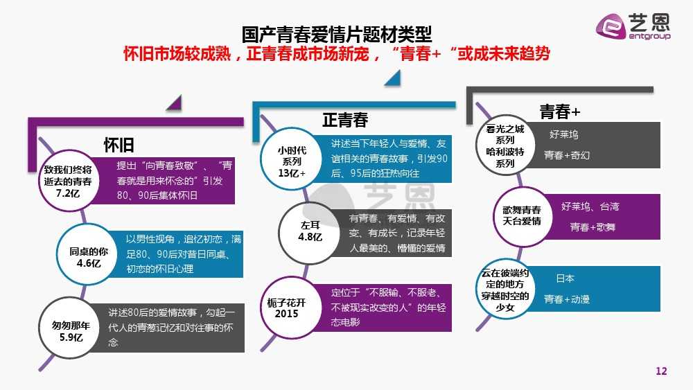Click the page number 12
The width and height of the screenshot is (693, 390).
click(x=661, y=372)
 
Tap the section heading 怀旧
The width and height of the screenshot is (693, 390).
click(x=119, y=144)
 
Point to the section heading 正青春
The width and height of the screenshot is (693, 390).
click(x=344, y=120)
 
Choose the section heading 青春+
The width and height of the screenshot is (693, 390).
click(x=559, y=112)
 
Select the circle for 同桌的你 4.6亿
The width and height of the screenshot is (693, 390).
click(x=89, y=254)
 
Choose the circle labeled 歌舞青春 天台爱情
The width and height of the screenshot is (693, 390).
click(x=522, y=215)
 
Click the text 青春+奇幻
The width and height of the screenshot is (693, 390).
click(x=567, y=155)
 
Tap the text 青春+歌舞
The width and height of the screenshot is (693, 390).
click(x=593, y=227)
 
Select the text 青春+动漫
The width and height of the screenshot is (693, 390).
click(x=567, y=299)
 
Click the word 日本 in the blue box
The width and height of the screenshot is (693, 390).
click(x=565, y=278)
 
